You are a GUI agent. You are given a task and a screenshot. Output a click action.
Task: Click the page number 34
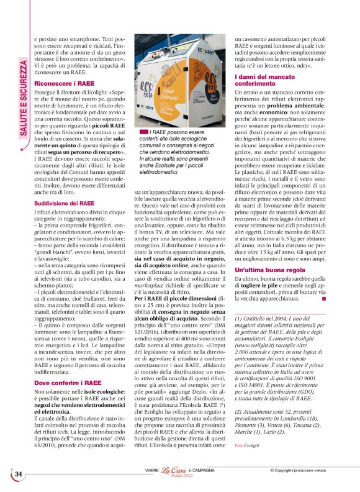coord(19,474)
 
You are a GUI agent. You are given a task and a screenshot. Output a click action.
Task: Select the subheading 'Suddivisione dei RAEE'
coord(65,203)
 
